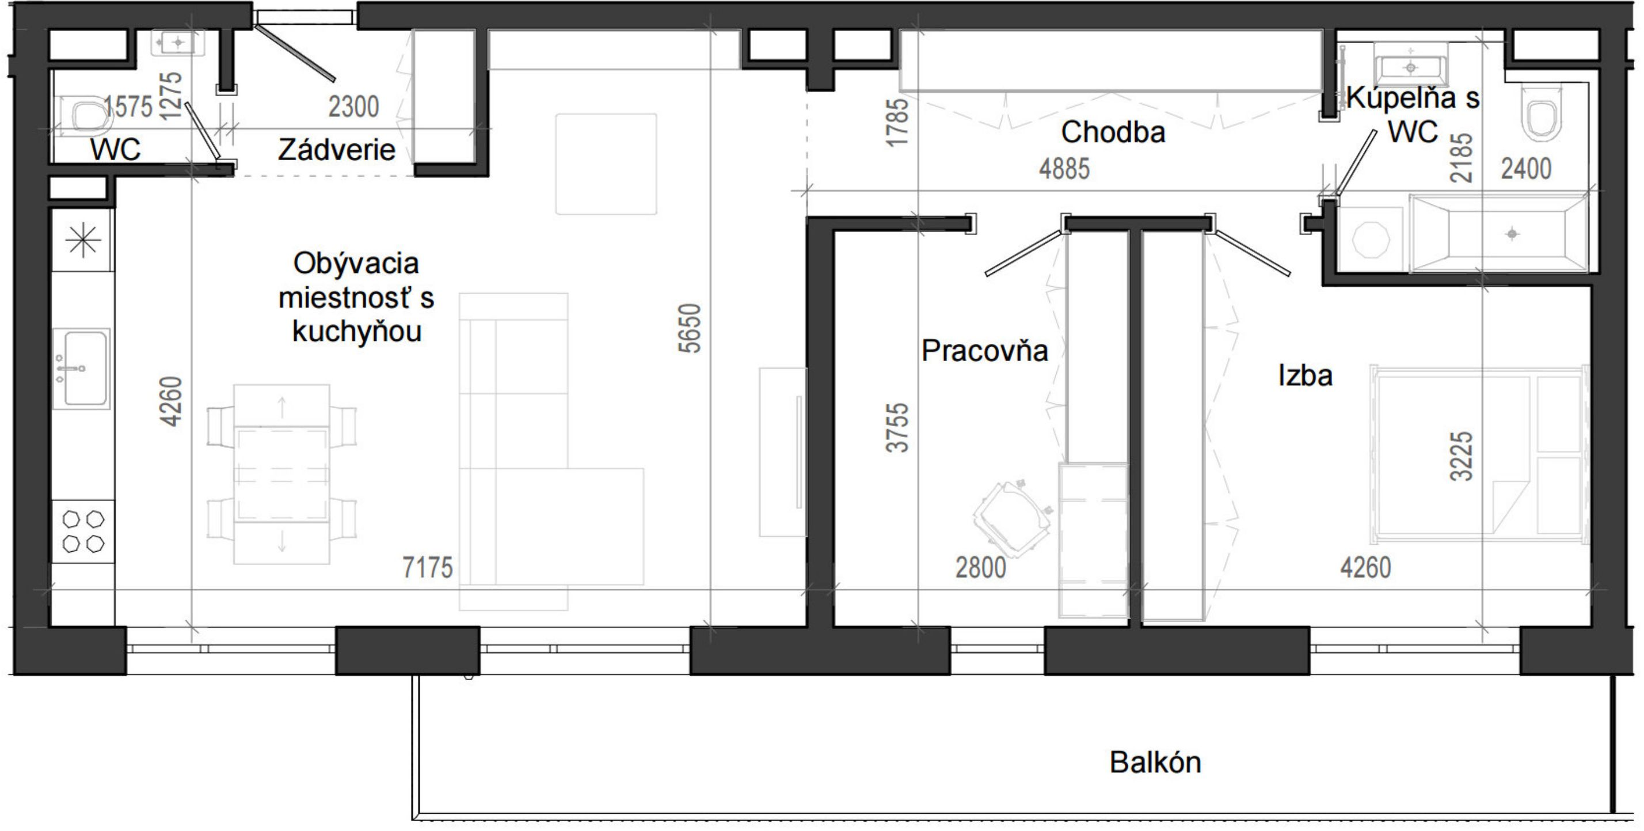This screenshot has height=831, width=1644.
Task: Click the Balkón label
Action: (x=1155, y=762)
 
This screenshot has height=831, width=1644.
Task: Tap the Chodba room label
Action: (x=1113, y=132)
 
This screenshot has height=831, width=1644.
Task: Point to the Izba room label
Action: (x=1305, y=375)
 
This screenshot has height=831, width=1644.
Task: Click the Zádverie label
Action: (x=337, y=150)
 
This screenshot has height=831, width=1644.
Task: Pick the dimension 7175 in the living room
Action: (x=428, y=567)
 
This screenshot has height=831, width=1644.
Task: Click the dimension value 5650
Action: (x=690, y=328)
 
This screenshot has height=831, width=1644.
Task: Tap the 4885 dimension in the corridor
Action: (x=1064, y=169)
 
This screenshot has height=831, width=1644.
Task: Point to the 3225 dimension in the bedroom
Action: (x=1462, y=456)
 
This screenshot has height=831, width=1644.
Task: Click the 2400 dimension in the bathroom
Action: (x=1526, y=169)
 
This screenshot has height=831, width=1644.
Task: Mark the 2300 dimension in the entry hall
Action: (x=353, y=107)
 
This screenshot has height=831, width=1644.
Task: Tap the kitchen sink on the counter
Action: (x=82, y=368)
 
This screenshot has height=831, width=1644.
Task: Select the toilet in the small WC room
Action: (x=83, y=116)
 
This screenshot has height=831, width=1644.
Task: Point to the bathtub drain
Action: (x=1512, y=234)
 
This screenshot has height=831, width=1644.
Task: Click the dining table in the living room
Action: (x=281, y=474)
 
